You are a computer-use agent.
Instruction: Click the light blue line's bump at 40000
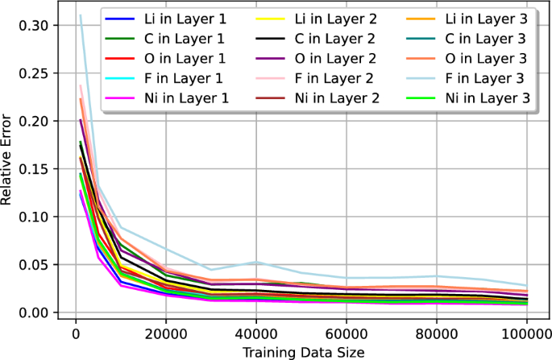[x=255, y=262]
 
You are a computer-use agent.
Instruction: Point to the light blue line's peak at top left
[x=80, y=15]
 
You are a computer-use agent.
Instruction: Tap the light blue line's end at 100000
[x=525, y=286]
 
